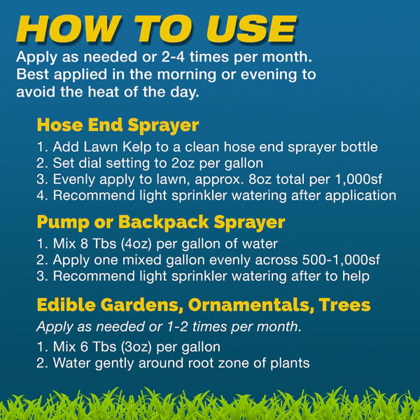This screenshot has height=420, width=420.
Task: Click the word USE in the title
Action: tap(251, 29)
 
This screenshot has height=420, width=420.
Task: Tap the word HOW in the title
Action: tap(69, 29)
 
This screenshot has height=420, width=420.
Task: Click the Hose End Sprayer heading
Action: tap(118, 125)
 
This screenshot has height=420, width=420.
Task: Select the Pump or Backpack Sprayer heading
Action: tap(161, 223)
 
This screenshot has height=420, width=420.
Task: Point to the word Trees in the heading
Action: tap(344, 304)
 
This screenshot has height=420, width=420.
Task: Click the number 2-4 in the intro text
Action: tap(173, 57)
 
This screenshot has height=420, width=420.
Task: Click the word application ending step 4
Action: tap(360, 196)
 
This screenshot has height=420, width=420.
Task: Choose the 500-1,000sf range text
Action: tap(341, 260)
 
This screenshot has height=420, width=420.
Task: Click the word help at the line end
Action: tap(356, 276)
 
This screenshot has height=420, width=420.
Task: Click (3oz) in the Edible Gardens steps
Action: tap(136, 347)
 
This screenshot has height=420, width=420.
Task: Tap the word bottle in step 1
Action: tap(359, 147)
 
